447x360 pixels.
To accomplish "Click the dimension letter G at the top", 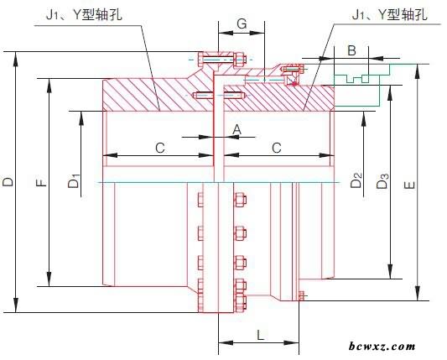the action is [x=242, y=23].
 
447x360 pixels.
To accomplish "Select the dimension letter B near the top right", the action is [x=352, y=50].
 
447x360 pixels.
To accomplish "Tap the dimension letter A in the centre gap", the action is [x=236, y=130].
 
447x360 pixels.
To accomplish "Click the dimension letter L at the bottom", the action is [x=260, y=335].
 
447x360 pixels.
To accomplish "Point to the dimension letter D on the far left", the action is [x=8, y=182].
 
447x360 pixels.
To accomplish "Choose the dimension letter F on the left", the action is [x=42, y=182].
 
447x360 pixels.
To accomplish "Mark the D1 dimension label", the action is [x=74, y=182].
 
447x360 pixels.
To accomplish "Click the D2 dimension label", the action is [x=356, y=180].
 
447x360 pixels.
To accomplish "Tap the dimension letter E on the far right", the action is [x=409, y=185].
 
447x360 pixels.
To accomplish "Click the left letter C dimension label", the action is [x=160, y=148].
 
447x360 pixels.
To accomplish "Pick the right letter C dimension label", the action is [x=277, y=148].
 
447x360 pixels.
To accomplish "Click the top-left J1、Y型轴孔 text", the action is [x=84, y=14].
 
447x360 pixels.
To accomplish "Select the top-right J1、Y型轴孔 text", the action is [x=390, y=14].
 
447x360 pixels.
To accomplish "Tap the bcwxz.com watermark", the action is [x=382, y=347].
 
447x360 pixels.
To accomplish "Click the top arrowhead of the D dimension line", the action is [x=16, y=59].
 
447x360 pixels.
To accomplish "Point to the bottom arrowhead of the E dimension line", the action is [x=418, y=293].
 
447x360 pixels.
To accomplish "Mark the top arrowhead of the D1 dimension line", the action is [x=81, y=118].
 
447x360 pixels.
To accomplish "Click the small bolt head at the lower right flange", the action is [x=302, y=296].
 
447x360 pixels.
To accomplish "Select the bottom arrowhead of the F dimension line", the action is [x=49, y=279].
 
